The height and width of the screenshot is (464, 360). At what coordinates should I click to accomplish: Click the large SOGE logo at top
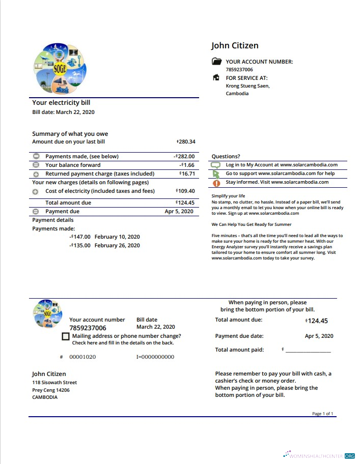[60, 66]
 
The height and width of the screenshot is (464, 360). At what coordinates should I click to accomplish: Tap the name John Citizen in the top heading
[235, 46]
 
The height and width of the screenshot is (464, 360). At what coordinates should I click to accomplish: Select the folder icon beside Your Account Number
[216, 62]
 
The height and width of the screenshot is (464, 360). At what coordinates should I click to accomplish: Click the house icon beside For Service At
[216, 78]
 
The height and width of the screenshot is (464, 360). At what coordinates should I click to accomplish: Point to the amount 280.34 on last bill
[186, 141]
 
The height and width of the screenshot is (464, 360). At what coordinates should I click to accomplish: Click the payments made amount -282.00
[184, 156]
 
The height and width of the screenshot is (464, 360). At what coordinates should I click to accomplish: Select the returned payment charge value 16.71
[187, 173]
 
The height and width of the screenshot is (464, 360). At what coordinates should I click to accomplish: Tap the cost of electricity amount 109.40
[186, 191]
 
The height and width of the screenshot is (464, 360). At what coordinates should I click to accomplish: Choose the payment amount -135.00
[80, 245]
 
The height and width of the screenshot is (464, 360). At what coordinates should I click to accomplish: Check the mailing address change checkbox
[65, 337]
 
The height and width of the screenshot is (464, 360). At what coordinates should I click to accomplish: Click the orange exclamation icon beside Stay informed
[216, 183]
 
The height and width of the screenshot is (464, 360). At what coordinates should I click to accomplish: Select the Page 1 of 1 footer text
[322, 414]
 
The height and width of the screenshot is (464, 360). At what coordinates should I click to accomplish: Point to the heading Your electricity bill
[61, 103]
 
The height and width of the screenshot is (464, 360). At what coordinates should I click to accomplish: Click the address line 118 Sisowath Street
[54, 383]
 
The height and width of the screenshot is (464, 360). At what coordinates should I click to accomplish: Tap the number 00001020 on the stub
[82, 357]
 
